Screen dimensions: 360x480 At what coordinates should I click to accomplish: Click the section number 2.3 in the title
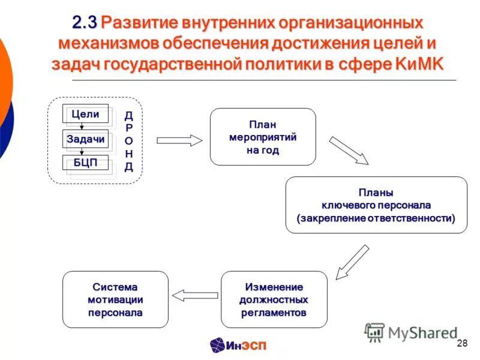[x=85, y=23]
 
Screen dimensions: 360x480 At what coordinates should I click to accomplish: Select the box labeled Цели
[x=85, y=114]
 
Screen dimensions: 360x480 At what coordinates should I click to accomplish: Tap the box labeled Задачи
[x=85, y=139]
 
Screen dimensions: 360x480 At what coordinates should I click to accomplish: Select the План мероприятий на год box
[x=263, y=137]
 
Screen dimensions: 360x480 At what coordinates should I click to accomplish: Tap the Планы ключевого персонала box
[x=376, y=205]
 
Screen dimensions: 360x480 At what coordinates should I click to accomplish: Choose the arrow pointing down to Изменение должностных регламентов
[x=352, y=262]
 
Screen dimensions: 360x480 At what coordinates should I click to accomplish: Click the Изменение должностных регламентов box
[x=274, y=299]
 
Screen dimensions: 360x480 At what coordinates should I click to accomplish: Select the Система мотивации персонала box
[x=116, y=299]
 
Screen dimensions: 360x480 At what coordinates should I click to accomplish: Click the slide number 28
[x=462, y=343]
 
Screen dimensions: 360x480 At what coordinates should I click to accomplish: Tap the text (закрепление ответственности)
[x=376, y=218]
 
